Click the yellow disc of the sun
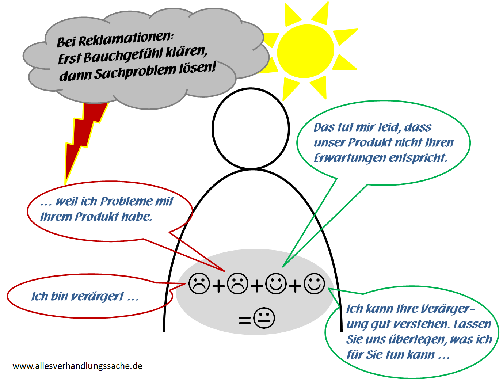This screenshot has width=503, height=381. point(305,51)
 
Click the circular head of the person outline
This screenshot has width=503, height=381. point(251,128)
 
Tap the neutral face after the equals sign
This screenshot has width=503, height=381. point(264,318)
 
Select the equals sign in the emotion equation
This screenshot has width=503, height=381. point(244,320)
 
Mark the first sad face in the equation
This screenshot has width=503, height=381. point(199,283)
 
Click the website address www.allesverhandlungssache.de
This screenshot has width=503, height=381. point(77,366)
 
